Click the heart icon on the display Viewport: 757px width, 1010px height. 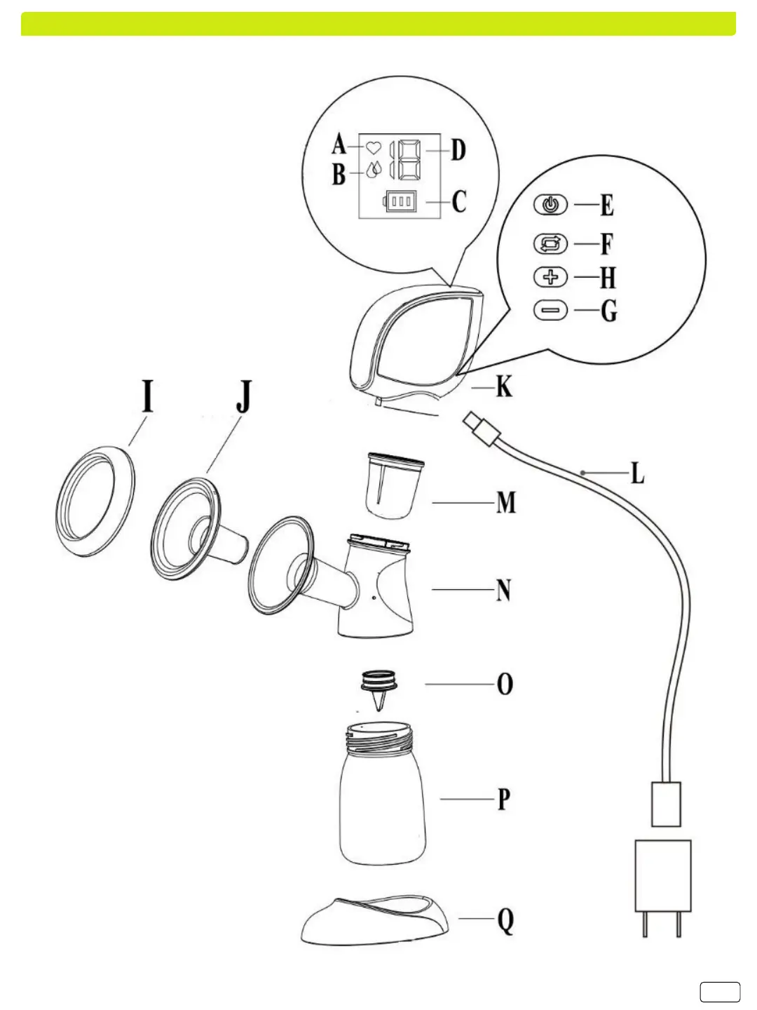coord(374,148)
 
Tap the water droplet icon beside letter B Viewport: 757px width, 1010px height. coord(374,170)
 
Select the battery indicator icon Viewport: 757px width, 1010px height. coord(400,202)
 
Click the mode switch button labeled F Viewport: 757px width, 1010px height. coord(551,244)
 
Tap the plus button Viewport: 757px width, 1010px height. coord(551,278)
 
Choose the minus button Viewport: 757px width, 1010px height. coord(551,309)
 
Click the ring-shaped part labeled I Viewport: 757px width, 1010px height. coord(95,499)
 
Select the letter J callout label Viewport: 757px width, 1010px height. coord(243,397)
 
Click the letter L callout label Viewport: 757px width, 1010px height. coord(637,473)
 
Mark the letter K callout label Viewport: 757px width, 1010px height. coord(504,386)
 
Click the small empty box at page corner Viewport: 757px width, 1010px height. coord(720,992)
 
